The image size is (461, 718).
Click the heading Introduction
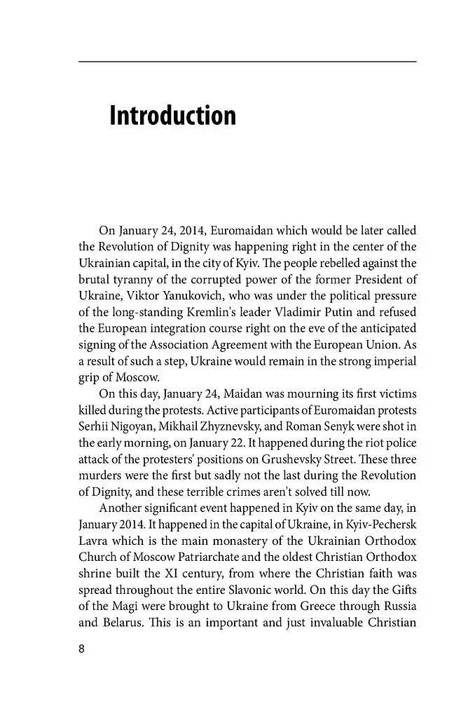tap(172, 116)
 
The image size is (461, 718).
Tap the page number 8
tap(81, 649)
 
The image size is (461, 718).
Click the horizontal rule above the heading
tap(247, 62)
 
